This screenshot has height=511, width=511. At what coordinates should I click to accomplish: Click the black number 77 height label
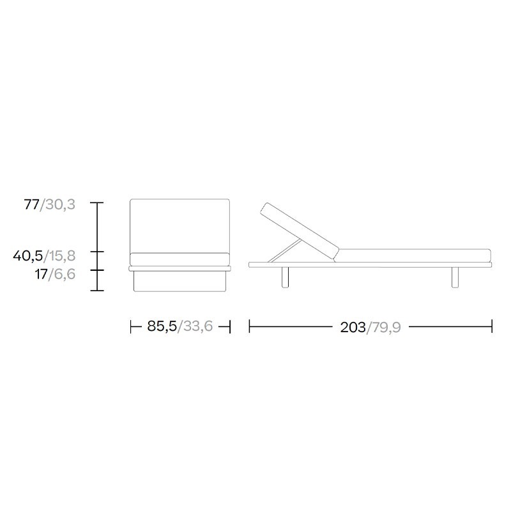click(x=31, y=204)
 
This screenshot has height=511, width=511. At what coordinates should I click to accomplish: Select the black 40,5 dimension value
click(x=28, y=256)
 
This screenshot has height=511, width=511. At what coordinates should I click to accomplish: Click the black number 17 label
click(x=42, y=274)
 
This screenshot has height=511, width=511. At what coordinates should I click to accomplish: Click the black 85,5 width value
click(x=162, y=326)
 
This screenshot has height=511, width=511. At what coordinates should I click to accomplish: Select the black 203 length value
click(x=353, y=327)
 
